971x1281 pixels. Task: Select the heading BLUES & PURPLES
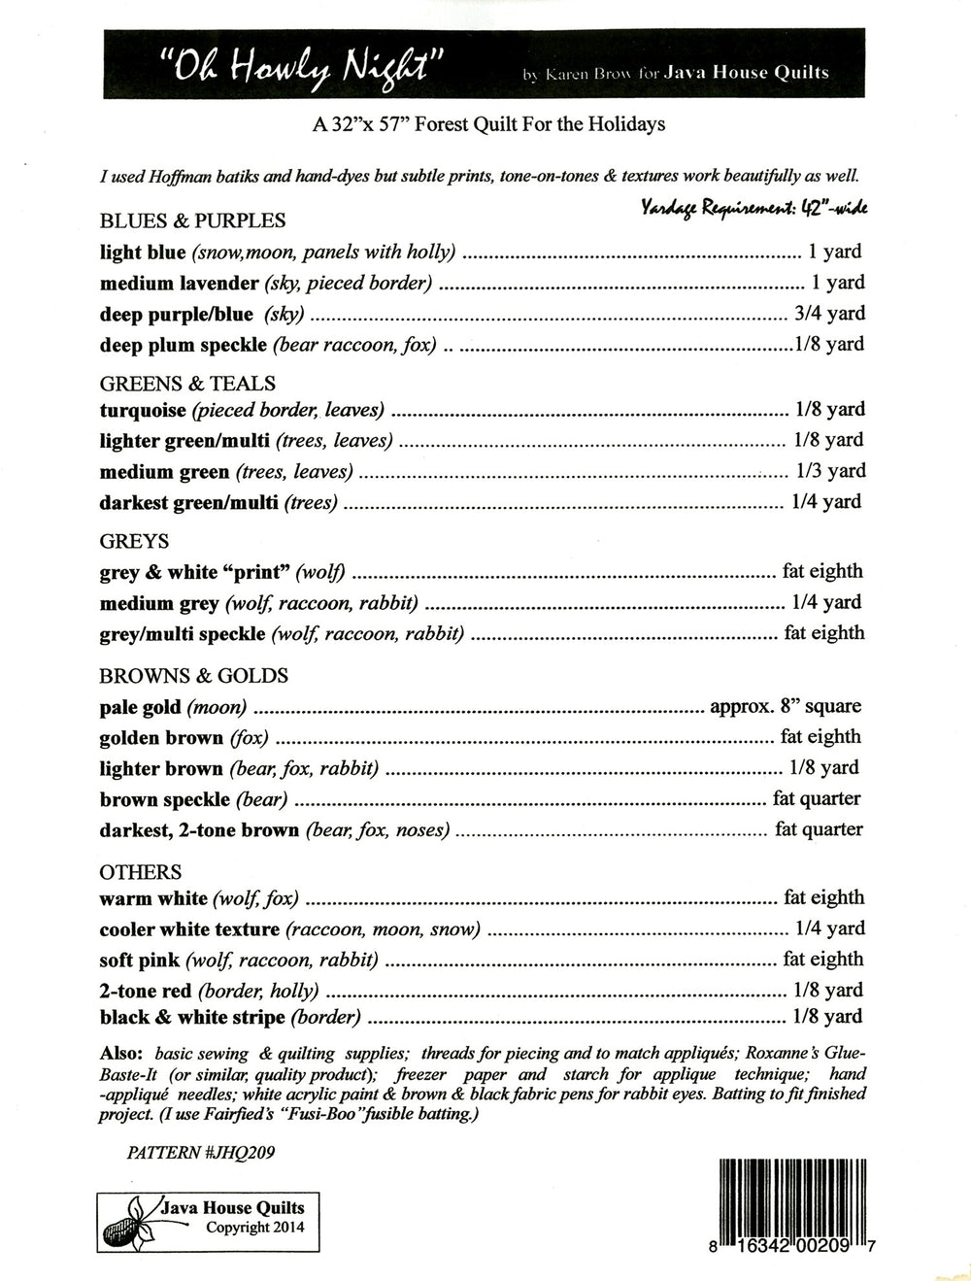point(192,220)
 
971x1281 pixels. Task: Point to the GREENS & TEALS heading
point(187,383)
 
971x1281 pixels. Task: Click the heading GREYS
point(134,541)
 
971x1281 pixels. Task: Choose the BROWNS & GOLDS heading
point(193,675)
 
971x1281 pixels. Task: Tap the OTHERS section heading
point(141,872)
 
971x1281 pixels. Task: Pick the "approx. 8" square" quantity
point(786,706)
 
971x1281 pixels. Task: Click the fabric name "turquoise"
point(143,410)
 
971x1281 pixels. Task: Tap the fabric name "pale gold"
point(140,707)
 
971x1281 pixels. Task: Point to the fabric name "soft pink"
point(139,961)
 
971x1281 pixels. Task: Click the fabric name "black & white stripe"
point(192,1018)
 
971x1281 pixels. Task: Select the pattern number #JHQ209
point(205,1153)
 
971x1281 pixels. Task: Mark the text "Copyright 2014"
point(254,1228)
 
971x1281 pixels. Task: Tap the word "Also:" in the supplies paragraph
point(121,1054)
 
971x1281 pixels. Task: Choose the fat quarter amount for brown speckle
point(817,798)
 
